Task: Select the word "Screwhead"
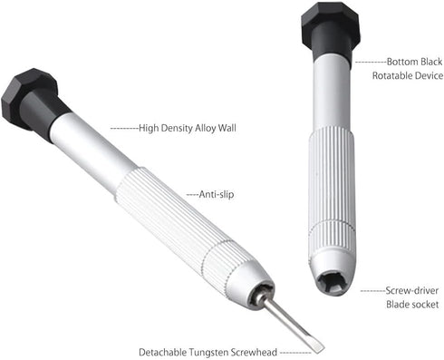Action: tap(254, 352)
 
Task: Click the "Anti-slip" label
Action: tap(217, 194)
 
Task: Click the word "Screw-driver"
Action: tap(412, 290)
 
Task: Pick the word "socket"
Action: tap(424, 304)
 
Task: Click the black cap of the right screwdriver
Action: tap(331, 30)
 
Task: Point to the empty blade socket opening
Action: tap(332, 280)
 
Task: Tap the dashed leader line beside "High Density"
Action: tap(124, 129)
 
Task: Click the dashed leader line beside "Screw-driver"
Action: tap(373, 291)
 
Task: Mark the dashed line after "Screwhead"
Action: tap(295, 353)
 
